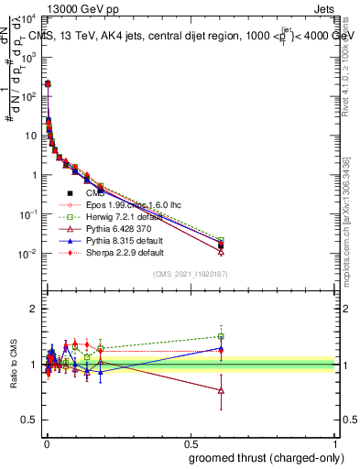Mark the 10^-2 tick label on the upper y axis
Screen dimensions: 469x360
click(28, 254)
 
